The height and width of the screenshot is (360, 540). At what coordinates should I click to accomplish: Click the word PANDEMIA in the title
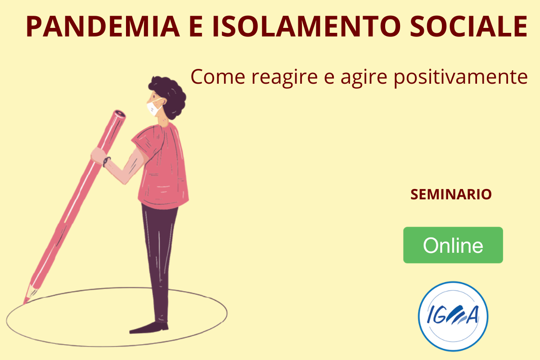(103, 26)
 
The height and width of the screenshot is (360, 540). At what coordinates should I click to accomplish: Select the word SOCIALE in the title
(469, 26)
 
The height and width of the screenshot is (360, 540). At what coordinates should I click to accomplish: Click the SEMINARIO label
(451, 194)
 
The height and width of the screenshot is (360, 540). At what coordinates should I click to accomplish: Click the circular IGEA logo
(453, 316)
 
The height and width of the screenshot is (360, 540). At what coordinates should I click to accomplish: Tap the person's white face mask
(154, 107)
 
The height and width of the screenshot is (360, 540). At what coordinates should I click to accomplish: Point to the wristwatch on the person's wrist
(106, 161)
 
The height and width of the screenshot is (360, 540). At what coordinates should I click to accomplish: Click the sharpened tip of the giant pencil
(24, 304)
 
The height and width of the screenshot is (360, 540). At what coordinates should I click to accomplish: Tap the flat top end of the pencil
(119, 114)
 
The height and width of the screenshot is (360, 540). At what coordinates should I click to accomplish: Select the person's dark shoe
(149, 328)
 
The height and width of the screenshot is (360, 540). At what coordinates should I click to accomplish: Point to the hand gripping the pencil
(99, 156)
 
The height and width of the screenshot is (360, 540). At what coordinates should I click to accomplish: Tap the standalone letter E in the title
(195, 26)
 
